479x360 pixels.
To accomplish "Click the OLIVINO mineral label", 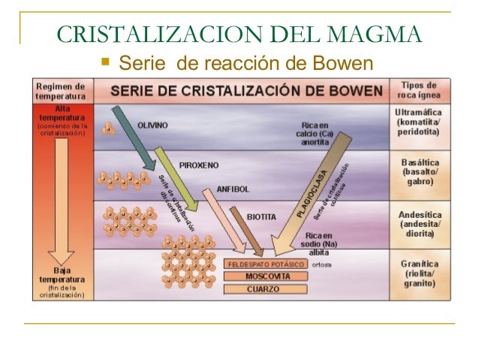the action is [x=152, y=125].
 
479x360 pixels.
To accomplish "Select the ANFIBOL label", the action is [x=233, y=189].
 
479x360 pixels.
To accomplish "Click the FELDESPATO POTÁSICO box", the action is [x=267, y=264].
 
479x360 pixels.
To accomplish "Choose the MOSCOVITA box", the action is [x=267, y=276].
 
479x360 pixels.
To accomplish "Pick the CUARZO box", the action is [x=267, y=289].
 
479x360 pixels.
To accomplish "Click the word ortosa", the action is [x=322, y=264].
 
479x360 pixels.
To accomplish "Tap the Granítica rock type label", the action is [x=420, y=265].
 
